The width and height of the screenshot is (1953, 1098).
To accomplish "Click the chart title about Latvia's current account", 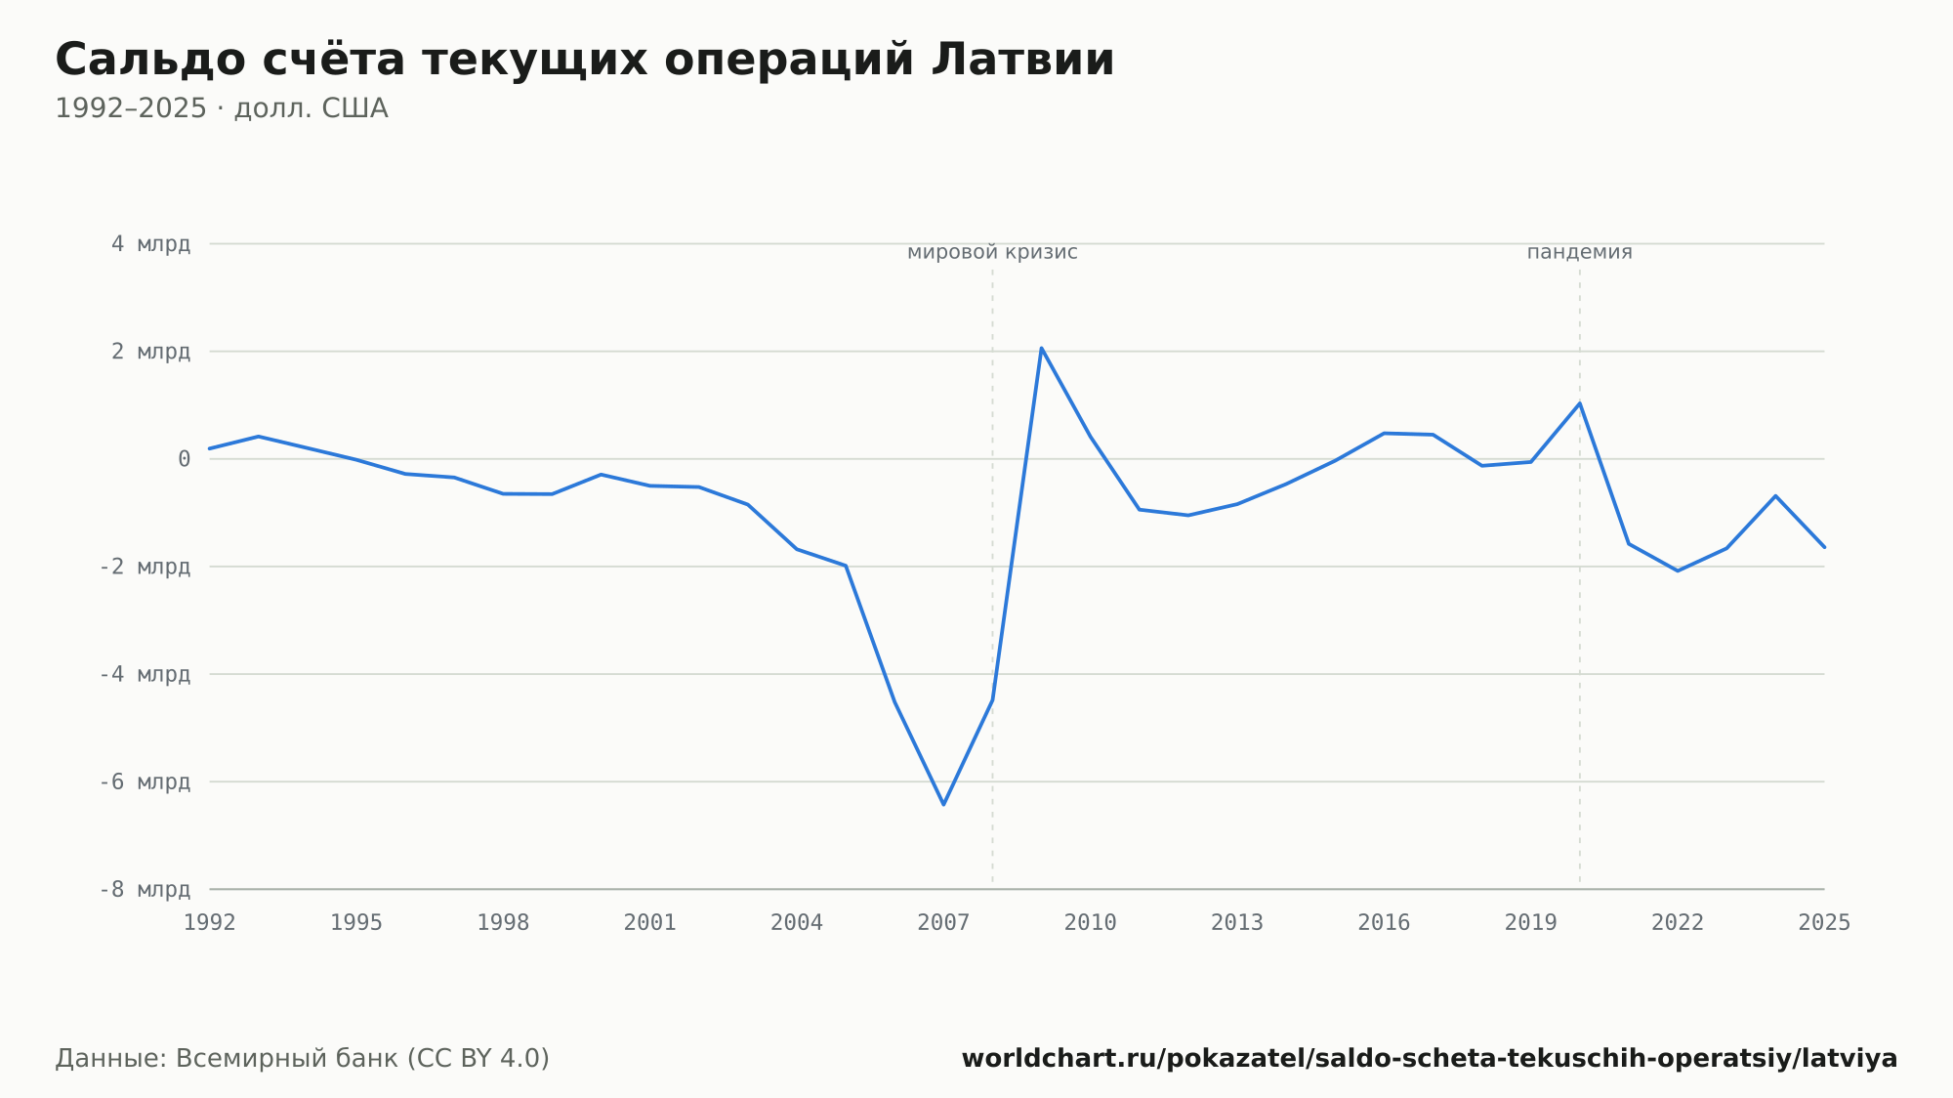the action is pyautogui.click(x=585, y=61).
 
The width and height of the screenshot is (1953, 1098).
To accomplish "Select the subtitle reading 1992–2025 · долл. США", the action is pyautogui.click(x=222, y=108).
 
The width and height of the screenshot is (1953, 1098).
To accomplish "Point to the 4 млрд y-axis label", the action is pyautogui.click(x=150, y=244).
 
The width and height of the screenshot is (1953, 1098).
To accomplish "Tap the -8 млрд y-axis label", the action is pyautogui.click(x=145, y=889).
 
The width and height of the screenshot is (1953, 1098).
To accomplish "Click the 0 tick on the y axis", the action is pyautogui.click(x=184, y=459).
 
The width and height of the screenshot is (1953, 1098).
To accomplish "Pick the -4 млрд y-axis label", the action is pyautogui.click(x=145, y=674).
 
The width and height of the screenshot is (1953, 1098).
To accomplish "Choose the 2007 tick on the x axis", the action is pyautogui.click(x=943, y=923).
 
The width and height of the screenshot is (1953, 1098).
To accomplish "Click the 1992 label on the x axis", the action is pyautogui.click(x=210, y=923).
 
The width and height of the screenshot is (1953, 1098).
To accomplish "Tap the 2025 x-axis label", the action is pyautogui.click(x=1824, y=923).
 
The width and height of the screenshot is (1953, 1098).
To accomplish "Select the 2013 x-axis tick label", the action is pyautogui.click(x=1237, y=923).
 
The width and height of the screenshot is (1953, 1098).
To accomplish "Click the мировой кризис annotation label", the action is pyautogui.click(x=992, y=252).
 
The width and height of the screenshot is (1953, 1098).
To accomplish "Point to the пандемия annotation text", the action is pyautogui.click(x=1579, y=252).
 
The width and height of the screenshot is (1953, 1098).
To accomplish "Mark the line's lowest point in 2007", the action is pyautogui.click(x=943, y=804).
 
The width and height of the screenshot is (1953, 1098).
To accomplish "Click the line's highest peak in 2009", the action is pyautogui.click(x=1041, y=348).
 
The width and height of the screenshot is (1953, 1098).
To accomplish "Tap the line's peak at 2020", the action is pyautogui.click(x=1579, y=403).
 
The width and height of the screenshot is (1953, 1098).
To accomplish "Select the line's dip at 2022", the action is pyautogui.click(x=1678, y=570).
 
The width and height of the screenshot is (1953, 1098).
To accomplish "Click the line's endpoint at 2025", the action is pyautogui.click(x=1824, y=547).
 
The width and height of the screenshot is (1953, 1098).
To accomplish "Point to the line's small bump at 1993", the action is pyautogui.click(x=258, y=437).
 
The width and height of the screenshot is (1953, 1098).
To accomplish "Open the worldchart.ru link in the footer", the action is pyautogui.click(x=1430, y=1059).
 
